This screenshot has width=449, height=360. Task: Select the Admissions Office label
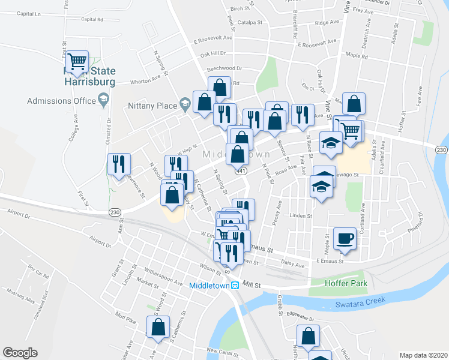[x=62, y=101]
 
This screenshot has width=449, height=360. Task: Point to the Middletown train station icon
[x=237, y=286]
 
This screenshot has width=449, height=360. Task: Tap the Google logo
[x=20, y=353]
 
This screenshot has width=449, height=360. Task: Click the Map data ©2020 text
[x=423, y=355]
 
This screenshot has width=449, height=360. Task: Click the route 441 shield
[x=241, y=171]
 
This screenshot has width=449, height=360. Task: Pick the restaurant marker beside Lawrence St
[x=118, y=163]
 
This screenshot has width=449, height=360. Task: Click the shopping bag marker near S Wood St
[x=158, y=328]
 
